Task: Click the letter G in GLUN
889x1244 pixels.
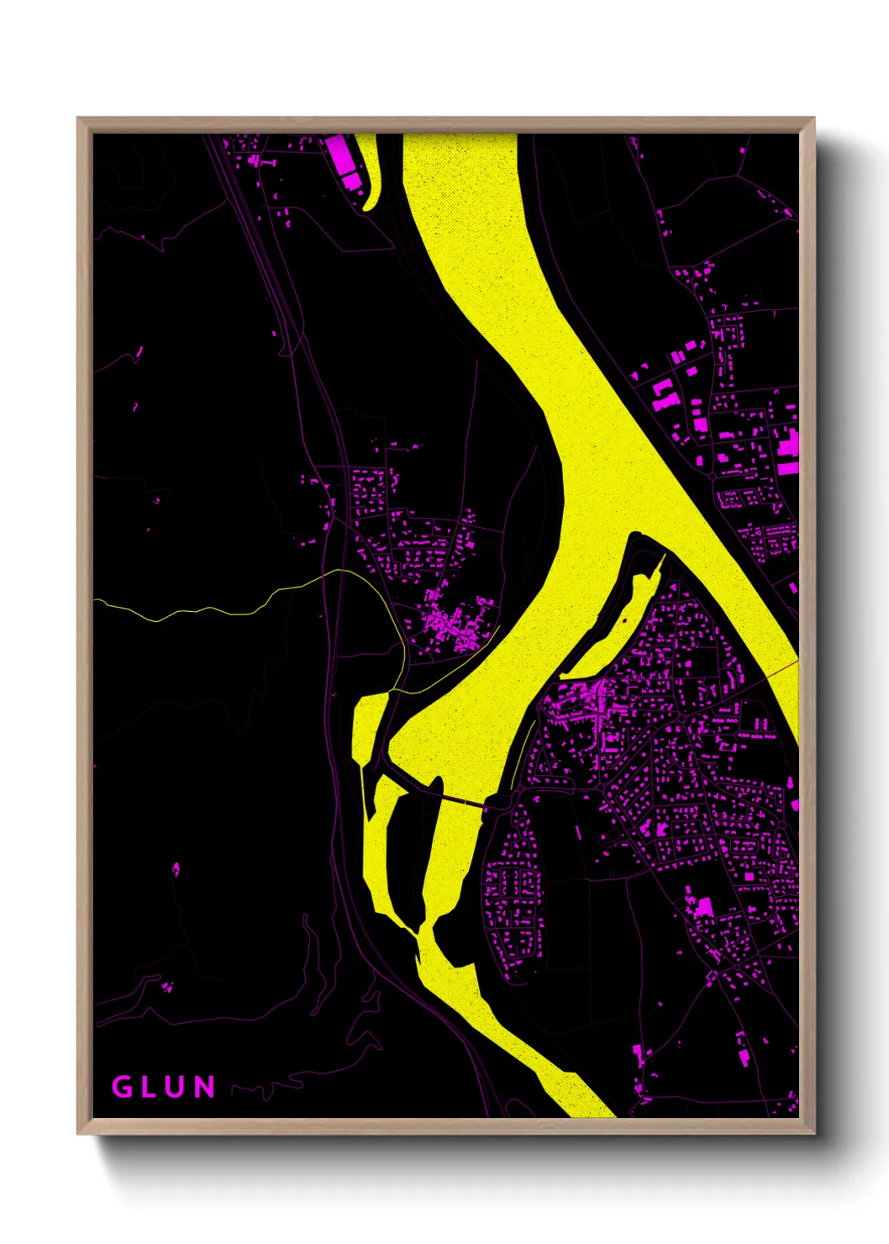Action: [123, 1087]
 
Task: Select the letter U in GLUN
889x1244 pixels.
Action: [176, 1087]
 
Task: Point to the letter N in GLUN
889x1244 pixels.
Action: [204, 1087]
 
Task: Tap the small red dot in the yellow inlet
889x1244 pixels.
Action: [624, 621]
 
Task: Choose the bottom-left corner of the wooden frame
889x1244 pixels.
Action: [79, 1132]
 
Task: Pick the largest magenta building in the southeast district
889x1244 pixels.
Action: [702, 907]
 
